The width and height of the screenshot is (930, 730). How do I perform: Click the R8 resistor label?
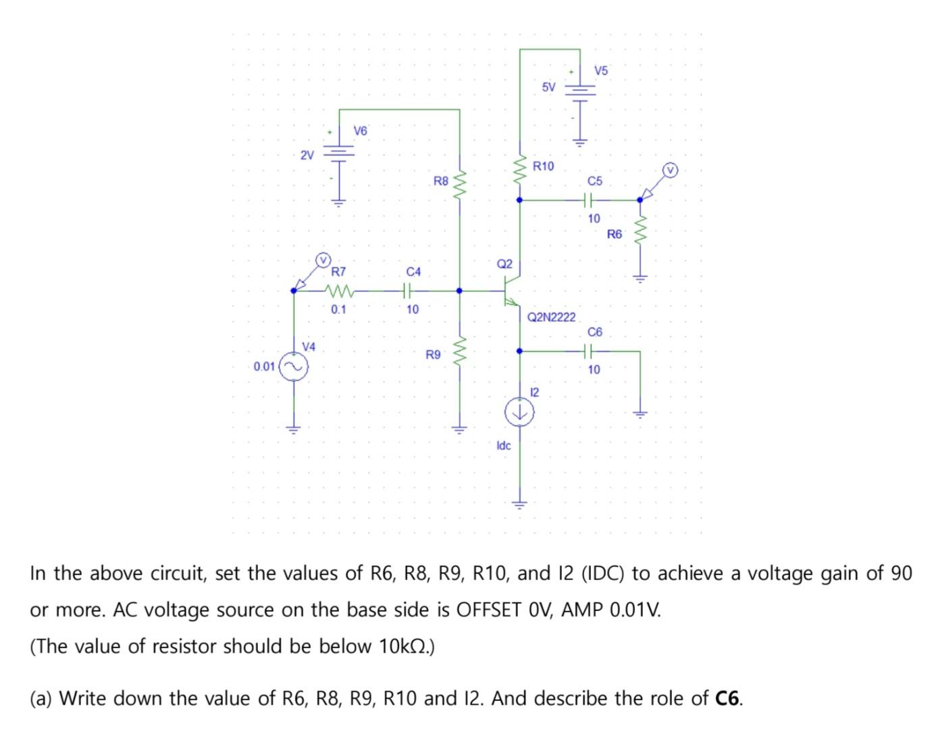coord(440,181)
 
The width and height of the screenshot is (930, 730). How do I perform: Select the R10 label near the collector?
coord(543,166)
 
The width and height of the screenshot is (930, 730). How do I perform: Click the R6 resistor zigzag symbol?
coord(640,234)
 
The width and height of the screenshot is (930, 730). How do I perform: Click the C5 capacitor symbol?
coord(588,200)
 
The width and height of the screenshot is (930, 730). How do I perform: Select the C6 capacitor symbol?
coord(588,351)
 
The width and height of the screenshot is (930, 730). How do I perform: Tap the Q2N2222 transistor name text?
coord(551,317)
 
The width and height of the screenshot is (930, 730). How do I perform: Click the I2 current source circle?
coord(519,412)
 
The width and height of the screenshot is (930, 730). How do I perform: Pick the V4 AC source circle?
coord(294,367)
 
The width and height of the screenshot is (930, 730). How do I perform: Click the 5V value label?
coord(548,87)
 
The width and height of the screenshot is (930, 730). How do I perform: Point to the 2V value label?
coord(307,155)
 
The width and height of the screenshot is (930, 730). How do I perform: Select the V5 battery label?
coord(601,70)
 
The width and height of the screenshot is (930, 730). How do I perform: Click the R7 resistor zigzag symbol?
coord(338,292)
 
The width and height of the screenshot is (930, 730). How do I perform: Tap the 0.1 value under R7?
coord(338,310)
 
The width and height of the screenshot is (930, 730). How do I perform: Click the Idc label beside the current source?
coord(503,445)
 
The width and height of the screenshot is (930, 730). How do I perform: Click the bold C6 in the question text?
coord(727,698)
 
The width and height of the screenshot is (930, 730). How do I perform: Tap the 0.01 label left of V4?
coord(264,367)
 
